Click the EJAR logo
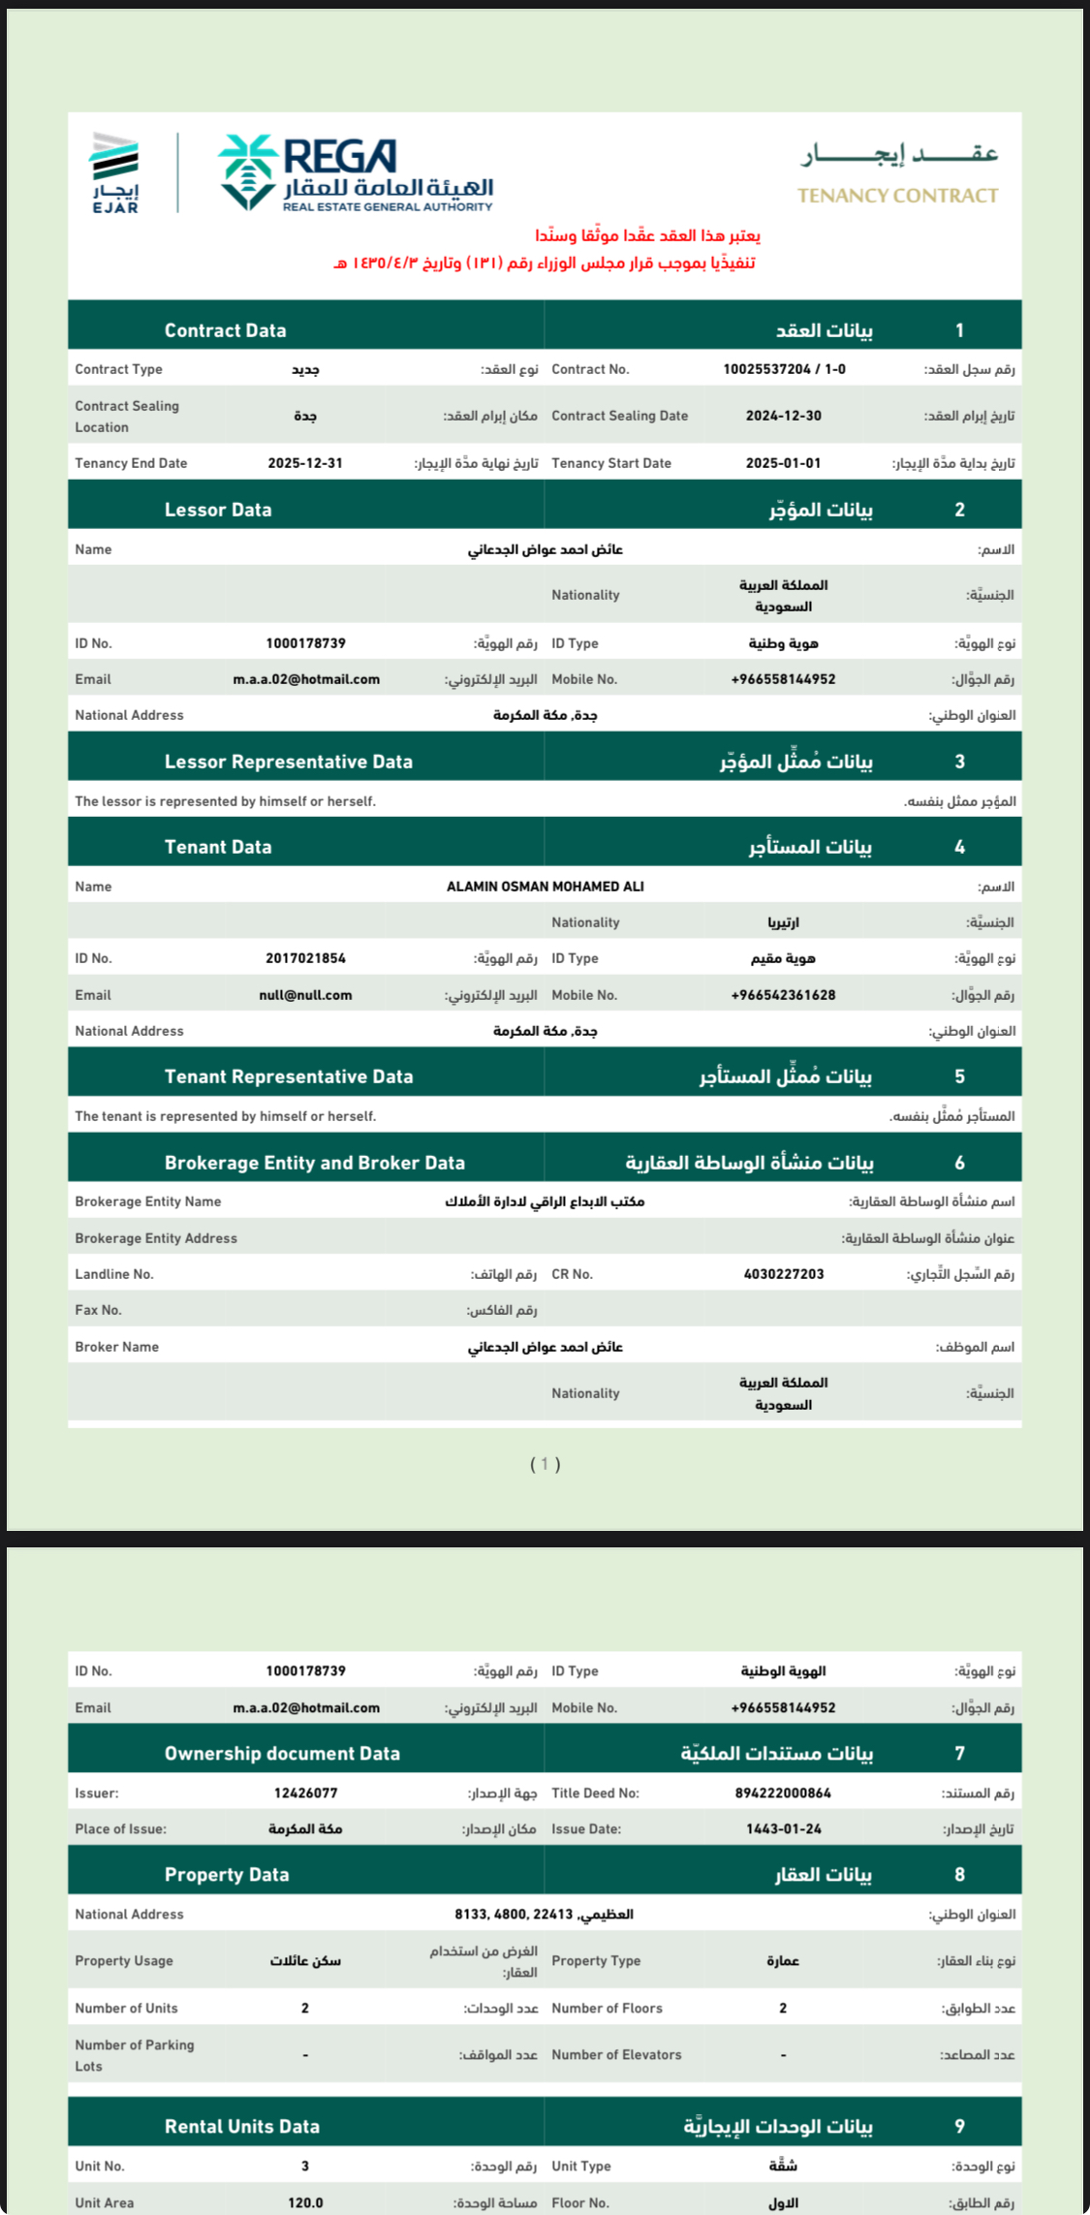[115, 172]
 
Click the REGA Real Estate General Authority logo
[356, 173]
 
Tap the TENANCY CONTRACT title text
[897, 196]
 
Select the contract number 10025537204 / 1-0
[784, 369]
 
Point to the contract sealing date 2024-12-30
[783, 416]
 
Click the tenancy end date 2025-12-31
[305, 463]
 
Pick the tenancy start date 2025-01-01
[783, 463]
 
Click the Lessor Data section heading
[218, 510]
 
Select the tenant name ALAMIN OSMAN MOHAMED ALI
[545, 887]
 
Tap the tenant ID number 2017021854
[305, 958]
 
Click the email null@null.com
[305, 995]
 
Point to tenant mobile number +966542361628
[783, 995]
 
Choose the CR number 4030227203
[783, 1274]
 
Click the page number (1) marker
[545, 1464]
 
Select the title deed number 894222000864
[783, 1794]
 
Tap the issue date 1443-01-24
[783, 1829]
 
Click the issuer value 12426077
[305, 1794]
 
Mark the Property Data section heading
[227, 1875]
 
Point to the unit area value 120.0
[305, 2202]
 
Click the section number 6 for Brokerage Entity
[959, 1163]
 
